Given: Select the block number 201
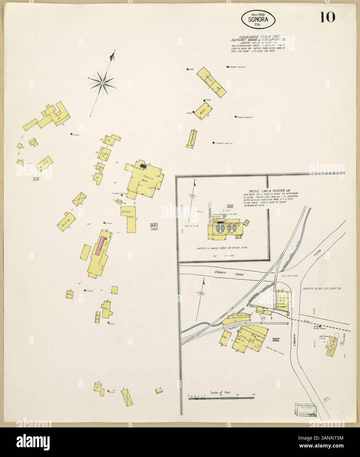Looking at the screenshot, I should click(36, 179).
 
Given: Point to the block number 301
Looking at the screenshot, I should click(230, 206).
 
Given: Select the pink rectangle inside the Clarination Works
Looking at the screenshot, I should click(101, 245).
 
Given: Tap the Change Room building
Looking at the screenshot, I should click(191, 138).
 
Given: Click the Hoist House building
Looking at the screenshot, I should click(212, 80).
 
